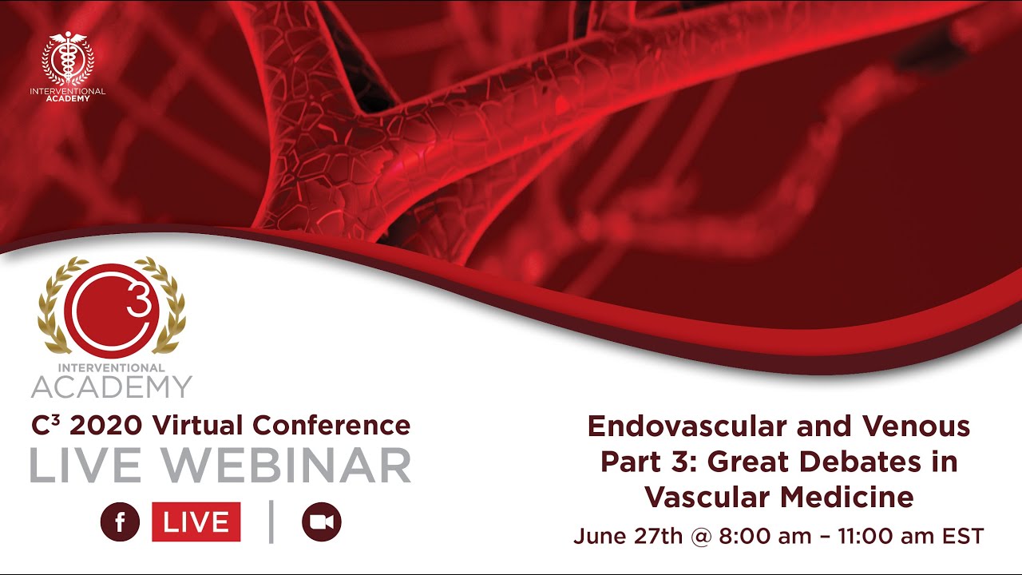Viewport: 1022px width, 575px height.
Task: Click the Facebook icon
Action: coord(120,522)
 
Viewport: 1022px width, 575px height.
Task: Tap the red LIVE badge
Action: coord(196,522)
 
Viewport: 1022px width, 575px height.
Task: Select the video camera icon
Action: coord(321,522)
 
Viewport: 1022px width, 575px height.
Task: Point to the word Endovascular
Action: coord(687,426)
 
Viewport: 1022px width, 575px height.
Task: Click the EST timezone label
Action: coord(964,536)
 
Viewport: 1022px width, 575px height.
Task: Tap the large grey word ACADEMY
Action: coord(111,387)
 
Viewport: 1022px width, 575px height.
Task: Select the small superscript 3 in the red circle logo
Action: coord(138,304)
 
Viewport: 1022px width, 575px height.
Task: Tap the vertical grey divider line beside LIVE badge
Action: coord(271,522)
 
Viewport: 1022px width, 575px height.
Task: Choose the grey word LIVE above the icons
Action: coord(109,466)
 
